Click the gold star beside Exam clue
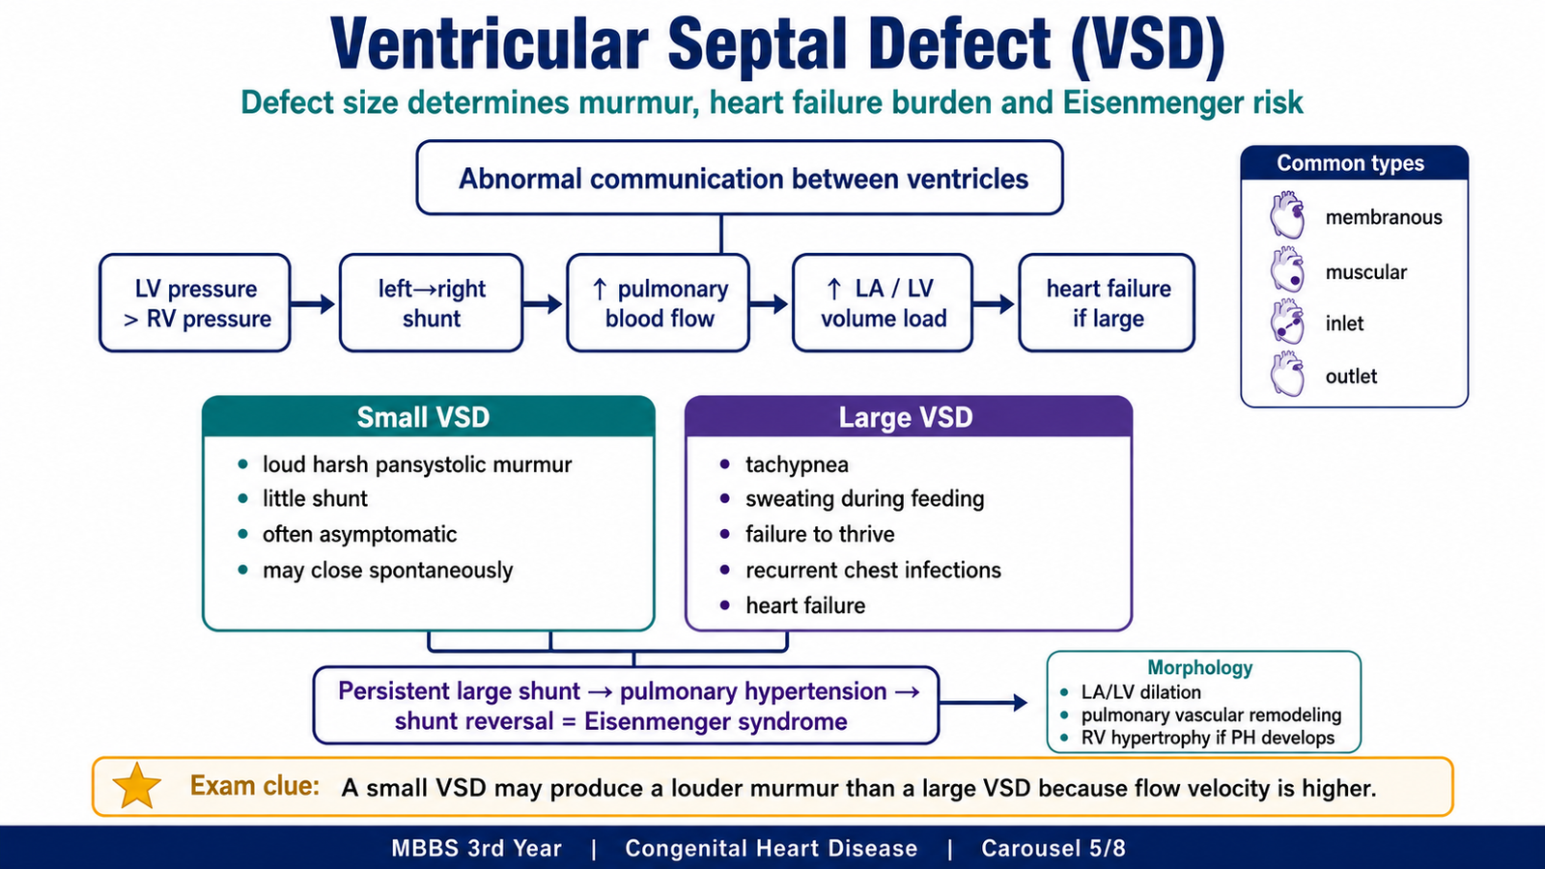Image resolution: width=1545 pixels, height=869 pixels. click(136, 786)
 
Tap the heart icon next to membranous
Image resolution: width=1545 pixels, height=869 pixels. click(1287, 215)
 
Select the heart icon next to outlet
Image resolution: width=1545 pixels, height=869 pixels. click(1287, 374)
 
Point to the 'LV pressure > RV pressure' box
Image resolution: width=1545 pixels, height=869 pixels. click(194, 303)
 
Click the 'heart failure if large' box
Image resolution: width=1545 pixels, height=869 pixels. click(1107, 303)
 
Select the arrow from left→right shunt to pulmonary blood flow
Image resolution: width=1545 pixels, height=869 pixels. click(543, 303)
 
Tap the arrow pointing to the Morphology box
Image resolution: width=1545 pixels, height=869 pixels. click(984, 703)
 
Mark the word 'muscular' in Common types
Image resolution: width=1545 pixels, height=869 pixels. click(1365, 272)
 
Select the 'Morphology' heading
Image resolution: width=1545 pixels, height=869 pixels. click(1200, 667)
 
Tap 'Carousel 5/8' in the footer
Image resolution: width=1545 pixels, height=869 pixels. click(1053, 848)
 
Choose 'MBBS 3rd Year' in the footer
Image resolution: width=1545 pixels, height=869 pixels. click(477, 848)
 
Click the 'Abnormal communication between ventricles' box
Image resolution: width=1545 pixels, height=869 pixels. click(740, 178)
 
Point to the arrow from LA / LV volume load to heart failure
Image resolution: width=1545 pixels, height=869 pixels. click(994, 303)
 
